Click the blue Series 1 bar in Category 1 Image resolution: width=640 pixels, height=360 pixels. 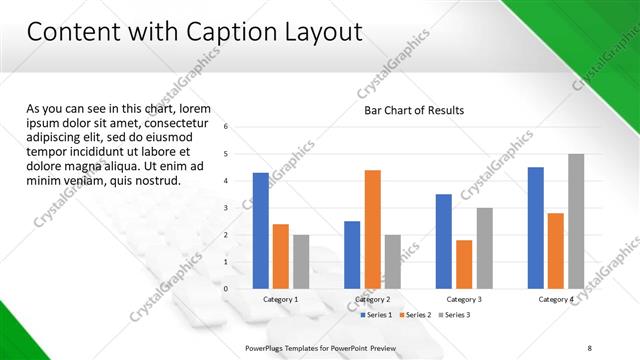pos(261,231)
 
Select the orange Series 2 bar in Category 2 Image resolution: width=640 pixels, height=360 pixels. pos(372,229)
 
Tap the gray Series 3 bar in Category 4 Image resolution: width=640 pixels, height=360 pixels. pos(576,221)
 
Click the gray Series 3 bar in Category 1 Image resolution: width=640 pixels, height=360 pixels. pos(301,262)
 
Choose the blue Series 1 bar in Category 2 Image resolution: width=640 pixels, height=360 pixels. pos(352,255)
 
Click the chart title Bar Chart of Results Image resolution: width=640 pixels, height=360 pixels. pos(413,110)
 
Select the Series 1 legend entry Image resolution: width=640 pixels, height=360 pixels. pos(376,315)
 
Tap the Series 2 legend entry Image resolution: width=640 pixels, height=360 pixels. pos(415,315)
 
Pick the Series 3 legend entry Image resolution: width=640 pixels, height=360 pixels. pos(453,315)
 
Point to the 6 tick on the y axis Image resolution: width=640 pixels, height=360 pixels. pos(226,127)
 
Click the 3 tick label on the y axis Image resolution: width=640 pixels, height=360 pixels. pos(226,208)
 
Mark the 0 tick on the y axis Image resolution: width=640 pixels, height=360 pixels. pos(226,289)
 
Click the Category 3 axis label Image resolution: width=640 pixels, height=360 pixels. pos(464,299)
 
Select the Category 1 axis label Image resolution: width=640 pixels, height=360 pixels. pos(281,299)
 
